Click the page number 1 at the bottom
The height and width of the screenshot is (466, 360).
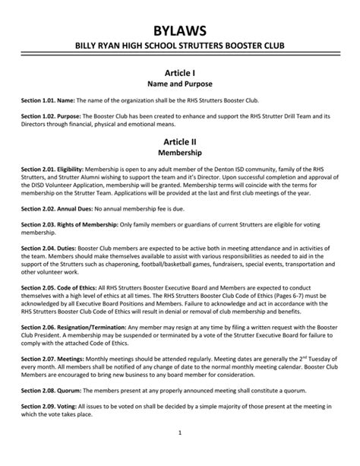[179, 455]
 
